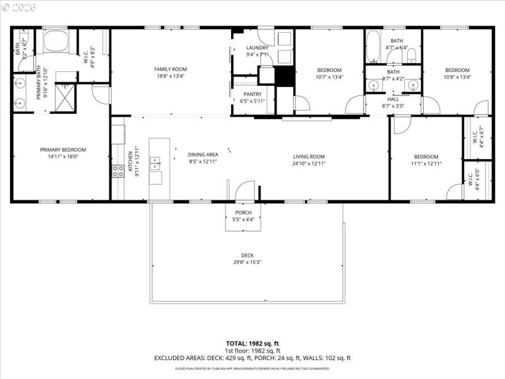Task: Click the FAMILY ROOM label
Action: click(x=170, y=69)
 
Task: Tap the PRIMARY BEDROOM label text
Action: click(x=63, y=150)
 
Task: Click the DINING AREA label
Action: click(x=203, y=154)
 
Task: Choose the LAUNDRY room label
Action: click(x=257, y=47)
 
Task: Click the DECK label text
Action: click(x=247, y=255)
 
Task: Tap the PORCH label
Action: click(x=243, y=212)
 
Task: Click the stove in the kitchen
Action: click(x=118, y=171)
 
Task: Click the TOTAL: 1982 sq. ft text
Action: click(x=252, y=343)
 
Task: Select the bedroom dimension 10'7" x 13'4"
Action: click(x=329, y=77)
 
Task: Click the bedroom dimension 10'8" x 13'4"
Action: click(x=457, y=77)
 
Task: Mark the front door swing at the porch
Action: click(x=244, y=191)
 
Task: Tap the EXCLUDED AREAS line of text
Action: click(x=252, y=358)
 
